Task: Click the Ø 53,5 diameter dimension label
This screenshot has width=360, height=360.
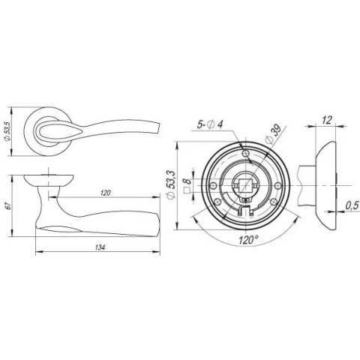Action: point(7,131)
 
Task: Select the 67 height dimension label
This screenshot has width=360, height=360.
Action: point(7,206)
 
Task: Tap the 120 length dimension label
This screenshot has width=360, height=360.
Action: point(106,193)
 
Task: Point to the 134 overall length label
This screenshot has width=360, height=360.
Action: point(100,247)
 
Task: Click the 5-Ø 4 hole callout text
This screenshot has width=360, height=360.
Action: point(210,124)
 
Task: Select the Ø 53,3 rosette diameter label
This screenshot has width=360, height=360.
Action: point(171,185)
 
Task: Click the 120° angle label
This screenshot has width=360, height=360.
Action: point(248,240)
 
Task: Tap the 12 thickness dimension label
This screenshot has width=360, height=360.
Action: point(327,120)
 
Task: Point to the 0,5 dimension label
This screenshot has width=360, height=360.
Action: point(352,205)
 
